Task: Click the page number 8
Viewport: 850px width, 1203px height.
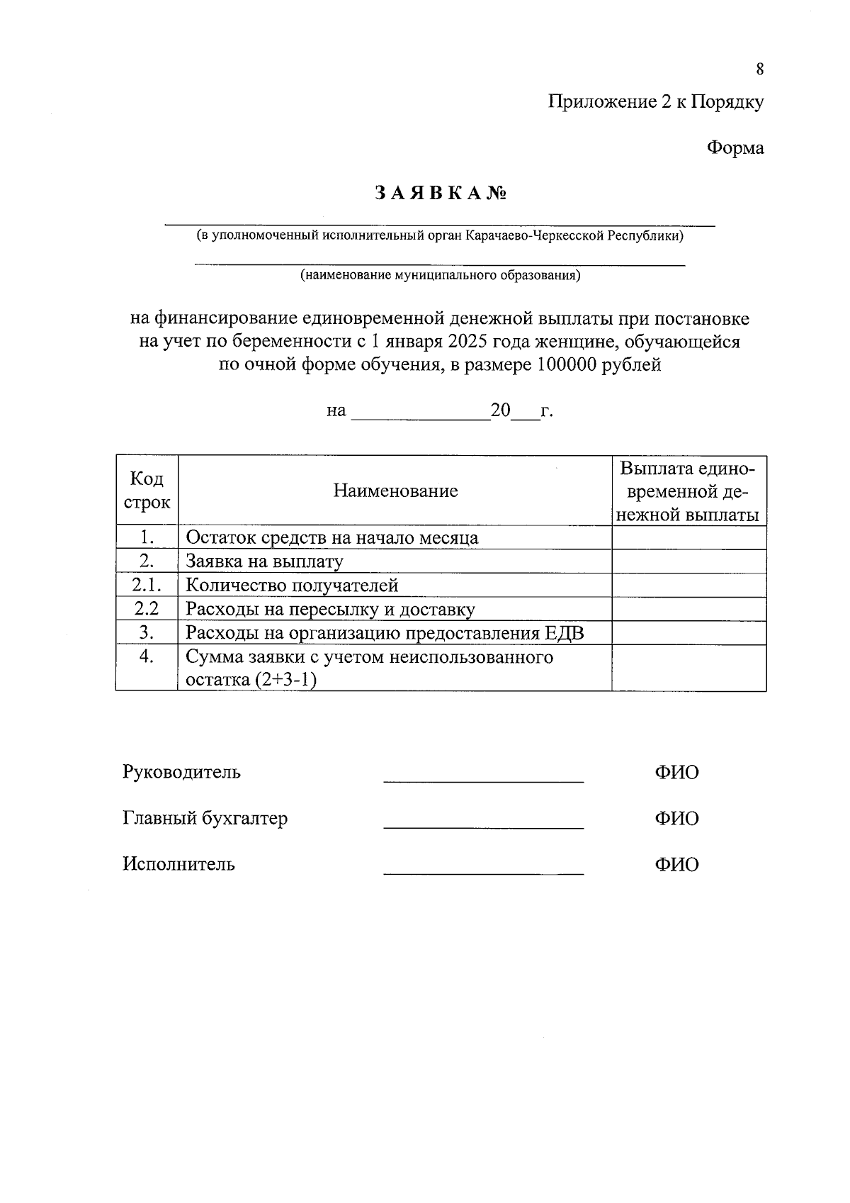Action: click(759, 69)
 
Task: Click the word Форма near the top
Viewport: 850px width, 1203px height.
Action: click(735, 148)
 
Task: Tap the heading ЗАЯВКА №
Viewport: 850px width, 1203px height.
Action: click(439, 193)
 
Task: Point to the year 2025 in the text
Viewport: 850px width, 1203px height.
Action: click(466, 342)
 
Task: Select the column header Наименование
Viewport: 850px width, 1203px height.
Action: click(395, 491)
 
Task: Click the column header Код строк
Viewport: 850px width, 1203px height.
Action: click(147, 491)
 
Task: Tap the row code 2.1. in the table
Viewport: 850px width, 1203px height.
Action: click(147, 585)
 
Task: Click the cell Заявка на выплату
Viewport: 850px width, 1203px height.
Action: click(264, 561)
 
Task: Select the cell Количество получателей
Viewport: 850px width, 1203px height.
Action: click(292, 586)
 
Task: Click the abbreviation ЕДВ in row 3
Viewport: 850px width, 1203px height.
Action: click(565, 633)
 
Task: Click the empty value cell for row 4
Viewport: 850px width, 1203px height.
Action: click(688, 668)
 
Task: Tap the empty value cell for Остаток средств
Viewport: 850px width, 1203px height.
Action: click(688, 538)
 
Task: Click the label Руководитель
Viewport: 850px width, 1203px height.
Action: click(181, 771)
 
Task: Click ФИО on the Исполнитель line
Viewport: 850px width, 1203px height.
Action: click(676, 864)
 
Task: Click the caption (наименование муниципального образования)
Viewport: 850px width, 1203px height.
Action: click(440, 275)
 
